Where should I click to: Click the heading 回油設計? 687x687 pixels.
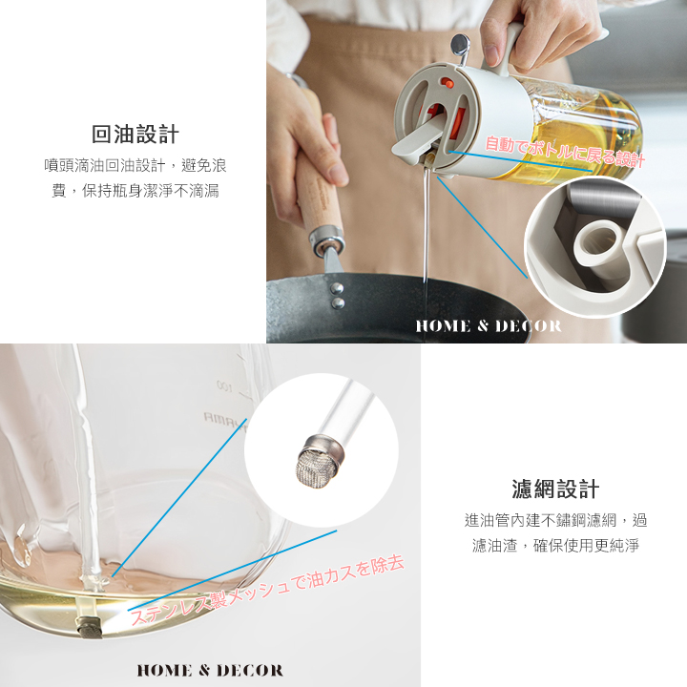(x=135, y=135)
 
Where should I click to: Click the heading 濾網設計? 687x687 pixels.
(x=555, y=489)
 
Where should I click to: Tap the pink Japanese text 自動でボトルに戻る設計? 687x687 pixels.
(x=565, y=152)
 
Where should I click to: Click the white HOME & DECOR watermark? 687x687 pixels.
(x=489, y=326)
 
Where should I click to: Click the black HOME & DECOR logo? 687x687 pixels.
(x=210, y=671)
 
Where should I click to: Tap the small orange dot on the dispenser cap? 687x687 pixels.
(x=446, y=82)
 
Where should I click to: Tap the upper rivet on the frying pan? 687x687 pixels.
(x=337, y=288)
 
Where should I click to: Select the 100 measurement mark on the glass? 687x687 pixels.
(x=225, y=386)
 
